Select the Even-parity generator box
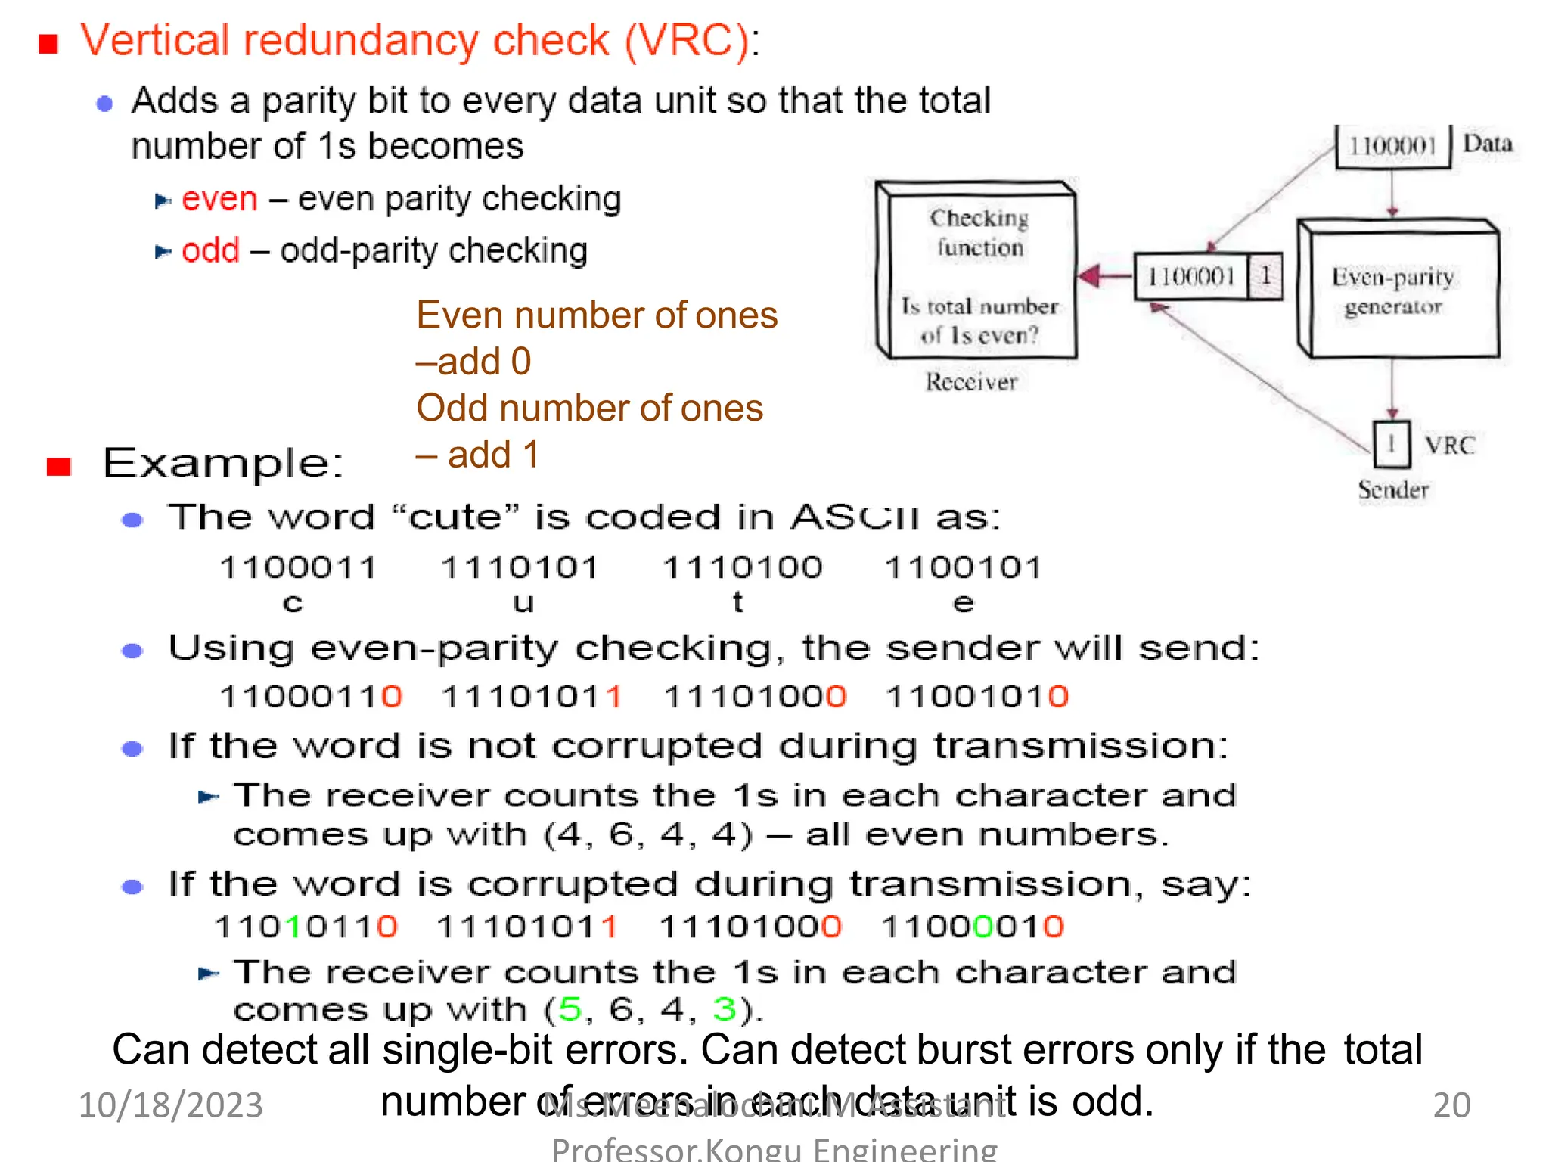[x=1396, y=291]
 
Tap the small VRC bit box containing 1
[x=1391, y=445]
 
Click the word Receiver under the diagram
[x=971, y=382]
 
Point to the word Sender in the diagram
[x=1393, y=489]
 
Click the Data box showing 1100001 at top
[x=1392, y=146]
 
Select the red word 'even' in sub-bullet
[x=219, y=200]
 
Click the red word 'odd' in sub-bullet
[x=210, y=250]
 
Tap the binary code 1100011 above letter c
[x=298, y=567]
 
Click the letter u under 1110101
[x=523, y=603]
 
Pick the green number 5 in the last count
[x=570, y=1009]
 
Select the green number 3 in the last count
[x=724, y=1009]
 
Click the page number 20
[x=1451, y=1105]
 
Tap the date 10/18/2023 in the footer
[x=171, y=1105]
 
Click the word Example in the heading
[x=222, y=463]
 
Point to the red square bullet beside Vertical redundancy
[x=48, y=44]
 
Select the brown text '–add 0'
[x=473, y=362]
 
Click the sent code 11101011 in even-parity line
[x=532, y=697]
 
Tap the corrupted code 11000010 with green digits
[x=973, y=927]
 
